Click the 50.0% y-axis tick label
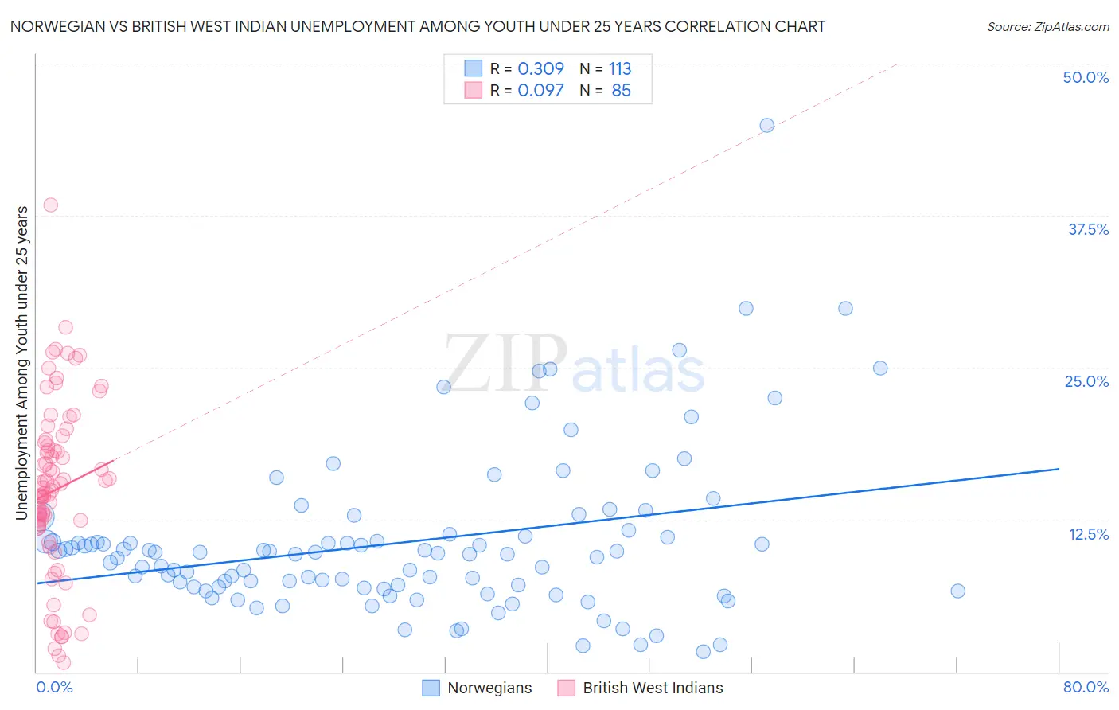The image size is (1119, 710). [1085, 77]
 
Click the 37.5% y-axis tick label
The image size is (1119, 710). [1087, 229]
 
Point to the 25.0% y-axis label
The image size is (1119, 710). [1086, 381]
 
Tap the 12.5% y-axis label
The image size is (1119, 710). [1087, 534]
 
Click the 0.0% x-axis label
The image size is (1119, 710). [54, 687]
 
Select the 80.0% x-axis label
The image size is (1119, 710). [1086, 687]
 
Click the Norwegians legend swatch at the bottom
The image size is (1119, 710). [431, 688]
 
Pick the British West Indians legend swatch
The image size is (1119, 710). [566, 688]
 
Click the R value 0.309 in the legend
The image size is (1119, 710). [540, 69]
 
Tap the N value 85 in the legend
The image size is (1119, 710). [621, 91]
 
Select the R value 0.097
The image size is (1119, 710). [540, 91]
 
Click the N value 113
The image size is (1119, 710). [619, 69]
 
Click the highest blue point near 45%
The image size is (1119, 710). [766, 125]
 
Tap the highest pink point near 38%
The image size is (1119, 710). [50, 205]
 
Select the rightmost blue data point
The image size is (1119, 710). [957, 591]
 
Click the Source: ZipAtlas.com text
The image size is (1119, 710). [1047, 27]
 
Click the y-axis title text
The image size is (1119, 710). [21, 363]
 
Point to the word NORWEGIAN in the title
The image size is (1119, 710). [52, 27]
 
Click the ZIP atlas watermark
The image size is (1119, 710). [573, 365]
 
